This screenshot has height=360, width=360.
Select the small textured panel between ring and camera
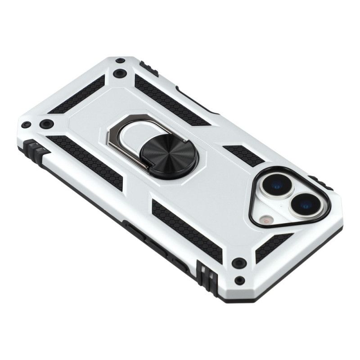[243, 155]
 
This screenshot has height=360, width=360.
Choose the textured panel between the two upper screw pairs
[76, 95]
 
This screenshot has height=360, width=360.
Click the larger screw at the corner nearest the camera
[239, 262]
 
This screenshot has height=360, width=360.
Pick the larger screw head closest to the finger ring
[119, 73]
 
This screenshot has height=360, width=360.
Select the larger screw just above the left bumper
[46, 124]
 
